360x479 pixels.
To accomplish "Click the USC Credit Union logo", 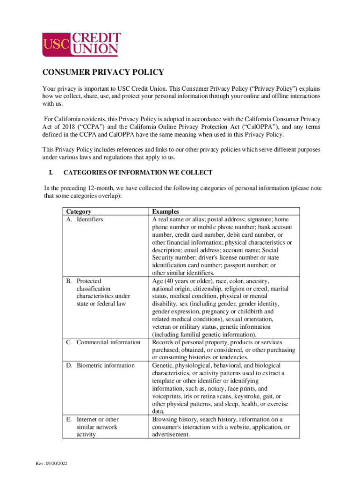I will click(x=82, y=44).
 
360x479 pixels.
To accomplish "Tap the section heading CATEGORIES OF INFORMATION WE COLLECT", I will click(x=138, y=173).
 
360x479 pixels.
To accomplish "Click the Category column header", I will click(x=79, y=212).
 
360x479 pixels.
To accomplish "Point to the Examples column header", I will click(x=166, y=212).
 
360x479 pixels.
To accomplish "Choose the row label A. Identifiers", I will click(x=84, y=219).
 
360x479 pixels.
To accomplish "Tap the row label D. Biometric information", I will click(x=100, y=365).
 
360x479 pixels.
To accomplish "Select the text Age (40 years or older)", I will click(x=182, y=281).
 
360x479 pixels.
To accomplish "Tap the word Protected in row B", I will click(x=89, y=281).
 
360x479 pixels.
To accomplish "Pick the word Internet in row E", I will click(x=87, y=420).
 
